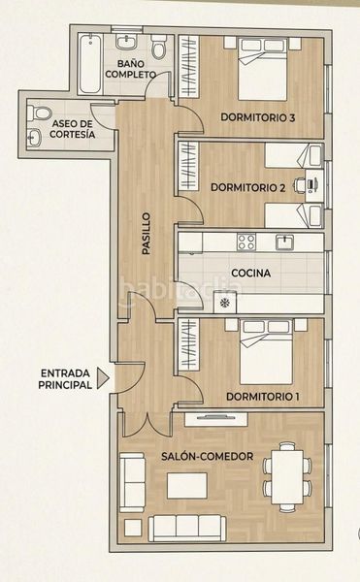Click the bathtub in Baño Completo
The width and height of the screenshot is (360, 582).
click(x=90, y=64)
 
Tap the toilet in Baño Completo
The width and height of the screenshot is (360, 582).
click(x=159, y=46)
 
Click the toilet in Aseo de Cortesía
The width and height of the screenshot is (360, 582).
click(x=40, y=113)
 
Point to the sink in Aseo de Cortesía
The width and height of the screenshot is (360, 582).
click(x=34, y=137)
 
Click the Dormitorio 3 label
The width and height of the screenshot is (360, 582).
click(x=258, y=117)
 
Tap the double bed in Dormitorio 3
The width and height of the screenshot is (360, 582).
click(x=263, y=69)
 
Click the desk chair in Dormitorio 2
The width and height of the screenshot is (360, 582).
click(x=299, y=184)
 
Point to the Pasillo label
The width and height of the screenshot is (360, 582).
click(x=147, y=233)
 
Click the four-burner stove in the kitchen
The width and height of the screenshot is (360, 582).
click(x=246, y=242)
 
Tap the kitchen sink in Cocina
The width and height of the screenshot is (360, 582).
click(x=284, y=242)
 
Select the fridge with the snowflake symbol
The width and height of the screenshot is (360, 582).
click(x=225, y=303)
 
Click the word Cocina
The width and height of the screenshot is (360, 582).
click(x=251, y=274)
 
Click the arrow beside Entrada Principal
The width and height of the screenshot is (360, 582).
click(x=103, y=378)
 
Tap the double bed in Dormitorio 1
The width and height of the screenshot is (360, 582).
click(x=266, y=352)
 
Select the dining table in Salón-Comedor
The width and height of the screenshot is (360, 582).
click(x=287, y=477)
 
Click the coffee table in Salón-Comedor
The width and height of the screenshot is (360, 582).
click(x=186, y=486)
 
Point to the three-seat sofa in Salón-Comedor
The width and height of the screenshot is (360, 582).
click(x=187, y=529)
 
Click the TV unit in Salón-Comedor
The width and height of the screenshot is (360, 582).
click(x=216, y=419)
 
